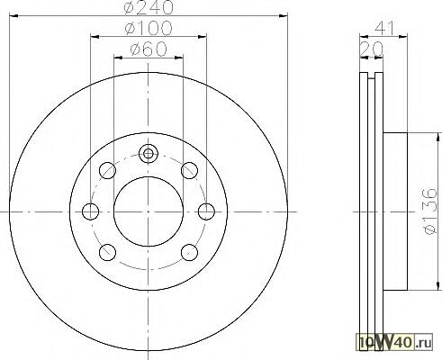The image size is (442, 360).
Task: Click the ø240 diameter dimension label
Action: [x=149, y=7]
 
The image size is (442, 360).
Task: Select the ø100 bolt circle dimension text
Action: [x=149, y=28]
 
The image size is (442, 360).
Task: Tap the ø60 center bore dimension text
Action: [x=149, y=49]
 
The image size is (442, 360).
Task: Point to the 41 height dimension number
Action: [x=383, y=28]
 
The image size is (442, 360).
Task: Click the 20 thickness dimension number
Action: [x=372, y=49]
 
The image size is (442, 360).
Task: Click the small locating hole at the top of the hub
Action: [x=148, y=154]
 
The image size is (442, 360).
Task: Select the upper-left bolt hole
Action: [x=107, y=170]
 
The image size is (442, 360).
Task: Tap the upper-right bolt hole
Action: [x=189, y=170]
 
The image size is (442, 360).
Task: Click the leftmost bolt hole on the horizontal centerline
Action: [x=90, y=211]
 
